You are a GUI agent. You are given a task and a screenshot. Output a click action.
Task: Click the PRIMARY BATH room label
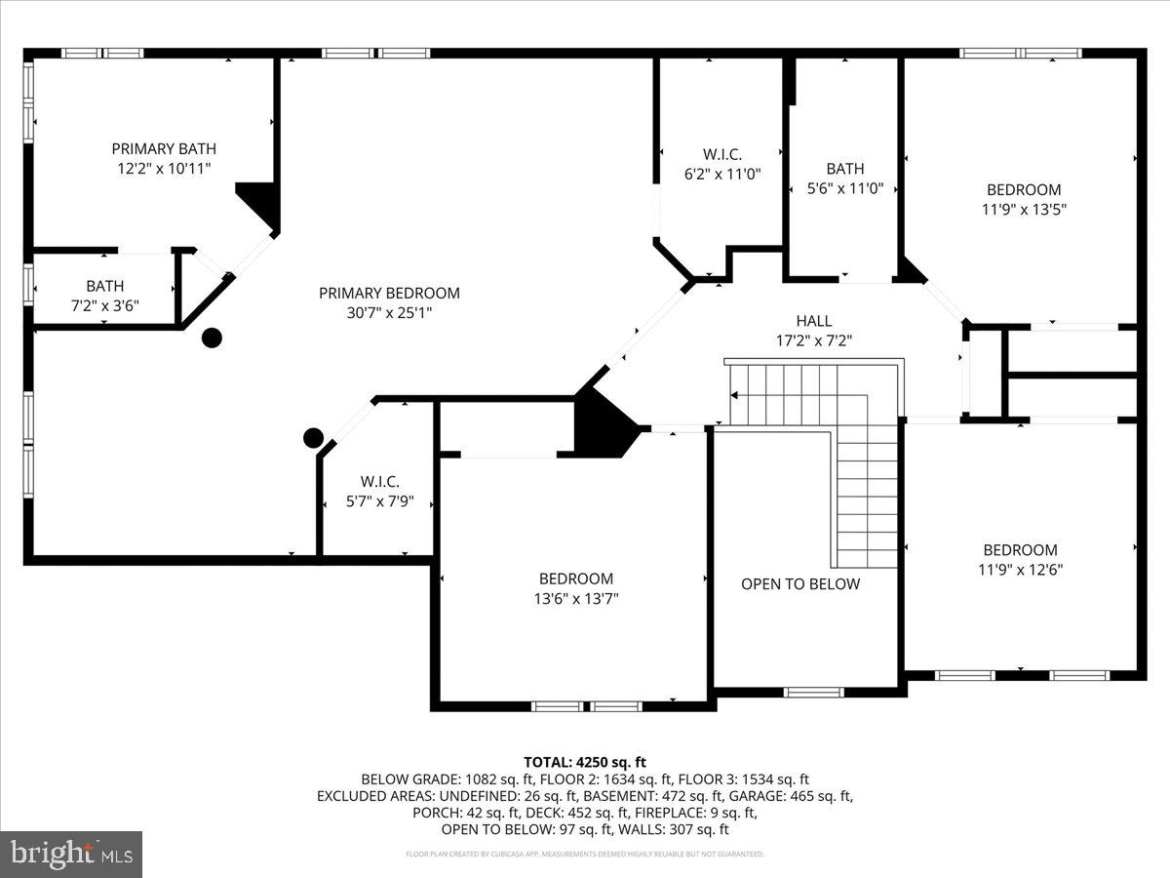pyautogui.click(x=163, y=149)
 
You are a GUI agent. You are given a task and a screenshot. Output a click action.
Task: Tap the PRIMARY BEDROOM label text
pyautogui.click(x=389, y=293)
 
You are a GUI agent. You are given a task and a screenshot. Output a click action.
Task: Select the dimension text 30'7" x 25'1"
pyautogui.click(x=389, y=312)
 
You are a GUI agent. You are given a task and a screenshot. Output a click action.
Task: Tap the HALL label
pyautogui.click(x=813, y=321)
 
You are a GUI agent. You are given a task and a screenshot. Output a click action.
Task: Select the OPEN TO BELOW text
pyautogui.click(x=800, y=584)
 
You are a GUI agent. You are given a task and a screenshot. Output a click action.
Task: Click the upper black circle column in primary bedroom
pyautogui.click(x=212, y=339)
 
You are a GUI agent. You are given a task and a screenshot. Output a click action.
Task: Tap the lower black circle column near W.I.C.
pyautogui.click(x=313, y=437)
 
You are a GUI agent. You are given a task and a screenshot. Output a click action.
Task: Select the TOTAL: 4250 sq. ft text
pyautogui.click(x=584, y=762)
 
